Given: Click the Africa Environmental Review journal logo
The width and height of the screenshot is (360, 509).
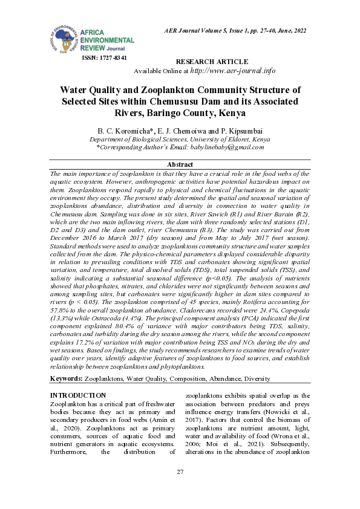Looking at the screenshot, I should click(90, 36).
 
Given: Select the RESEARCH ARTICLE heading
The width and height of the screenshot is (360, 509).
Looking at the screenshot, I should click(211, 62).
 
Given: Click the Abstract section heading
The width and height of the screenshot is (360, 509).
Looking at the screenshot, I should click(180, 164).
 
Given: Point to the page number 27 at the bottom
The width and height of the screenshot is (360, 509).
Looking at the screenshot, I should click(180, 472).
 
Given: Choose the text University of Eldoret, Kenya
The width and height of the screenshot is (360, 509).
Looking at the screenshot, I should click(218, 139).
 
